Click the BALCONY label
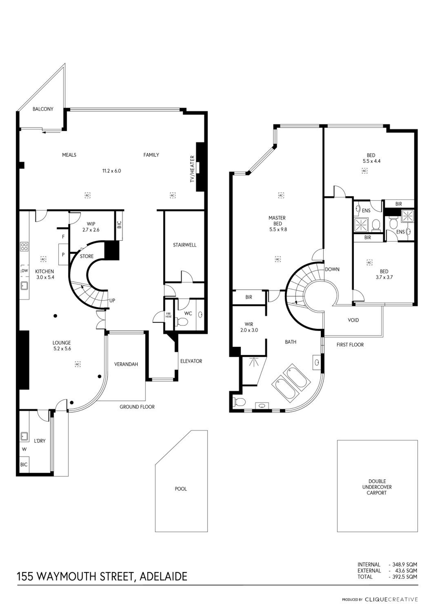tap(43, 109)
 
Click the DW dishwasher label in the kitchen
tap(25, 271)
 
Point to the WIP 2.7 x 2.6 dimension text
tap(91, 230)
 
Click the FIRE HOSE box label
tap(169, 315)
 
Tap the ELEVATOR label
tap(191, 361)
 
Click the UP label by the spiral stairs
tap(112, 300)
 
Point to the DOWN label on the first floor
tap(332, 269)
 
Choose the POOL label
tap(181, 489)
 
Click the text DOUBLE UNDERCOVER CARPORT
tap(377, 487)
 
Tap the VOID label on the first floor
tap(353, 320)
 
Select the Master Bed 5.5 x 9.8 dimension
tap(278, 229)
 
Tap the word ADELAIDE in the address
tap(163, 577)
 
